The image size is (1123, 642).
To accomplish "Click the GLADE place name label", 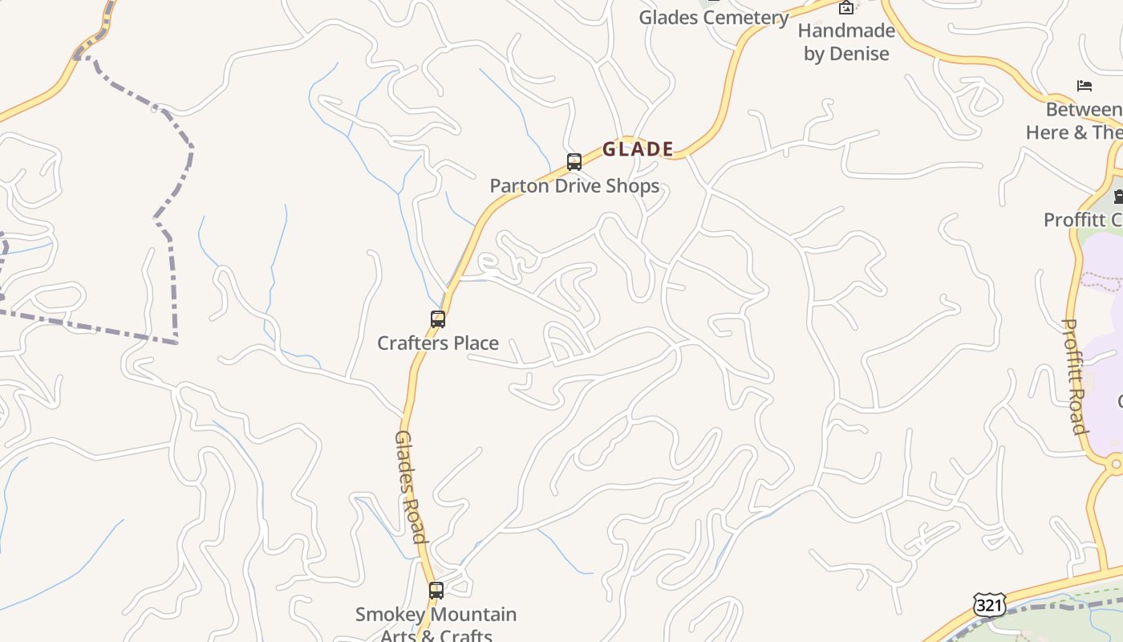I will tap(638, 149).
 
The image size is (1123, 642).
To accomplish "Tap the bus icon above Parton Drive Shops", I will tap(574, 162).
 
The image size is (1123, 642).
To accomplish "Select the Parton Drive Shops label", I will tap(574, 186).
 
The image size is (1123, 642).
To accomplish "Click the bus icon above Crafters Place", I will tap(438, 319).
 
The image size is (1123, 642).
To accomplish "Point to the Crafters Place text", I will tap(438, 343).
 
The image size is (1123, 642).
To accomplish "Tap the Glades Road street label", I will tap(409, 487).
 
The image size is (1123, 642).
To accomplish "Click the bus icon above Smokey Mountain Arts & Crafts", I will tap(436, 591).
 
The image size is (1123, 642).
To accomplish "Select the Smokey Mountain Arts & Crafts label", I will tap(436, 625).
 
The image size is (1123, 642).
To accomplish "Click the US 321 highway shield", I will tap(989, 605).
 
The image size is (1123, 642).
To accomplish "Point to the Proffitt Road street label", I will tap(1074, 376).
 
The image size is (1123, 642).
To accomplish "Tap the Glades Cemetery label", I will tap(714, 18).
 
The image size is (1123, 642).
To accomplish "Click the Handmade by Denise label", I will tap(846, 42).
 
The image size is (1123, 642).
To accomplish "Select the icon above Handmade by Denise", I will tap(846, 8).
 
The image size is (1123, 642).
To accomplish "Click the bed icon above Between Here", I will tap(1084, 86).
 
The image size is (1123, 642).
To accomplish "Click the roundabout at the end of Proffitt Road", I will tap(1114, 464).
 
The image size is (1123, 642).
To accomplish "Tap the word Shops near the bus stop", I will tap(632, 186).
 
